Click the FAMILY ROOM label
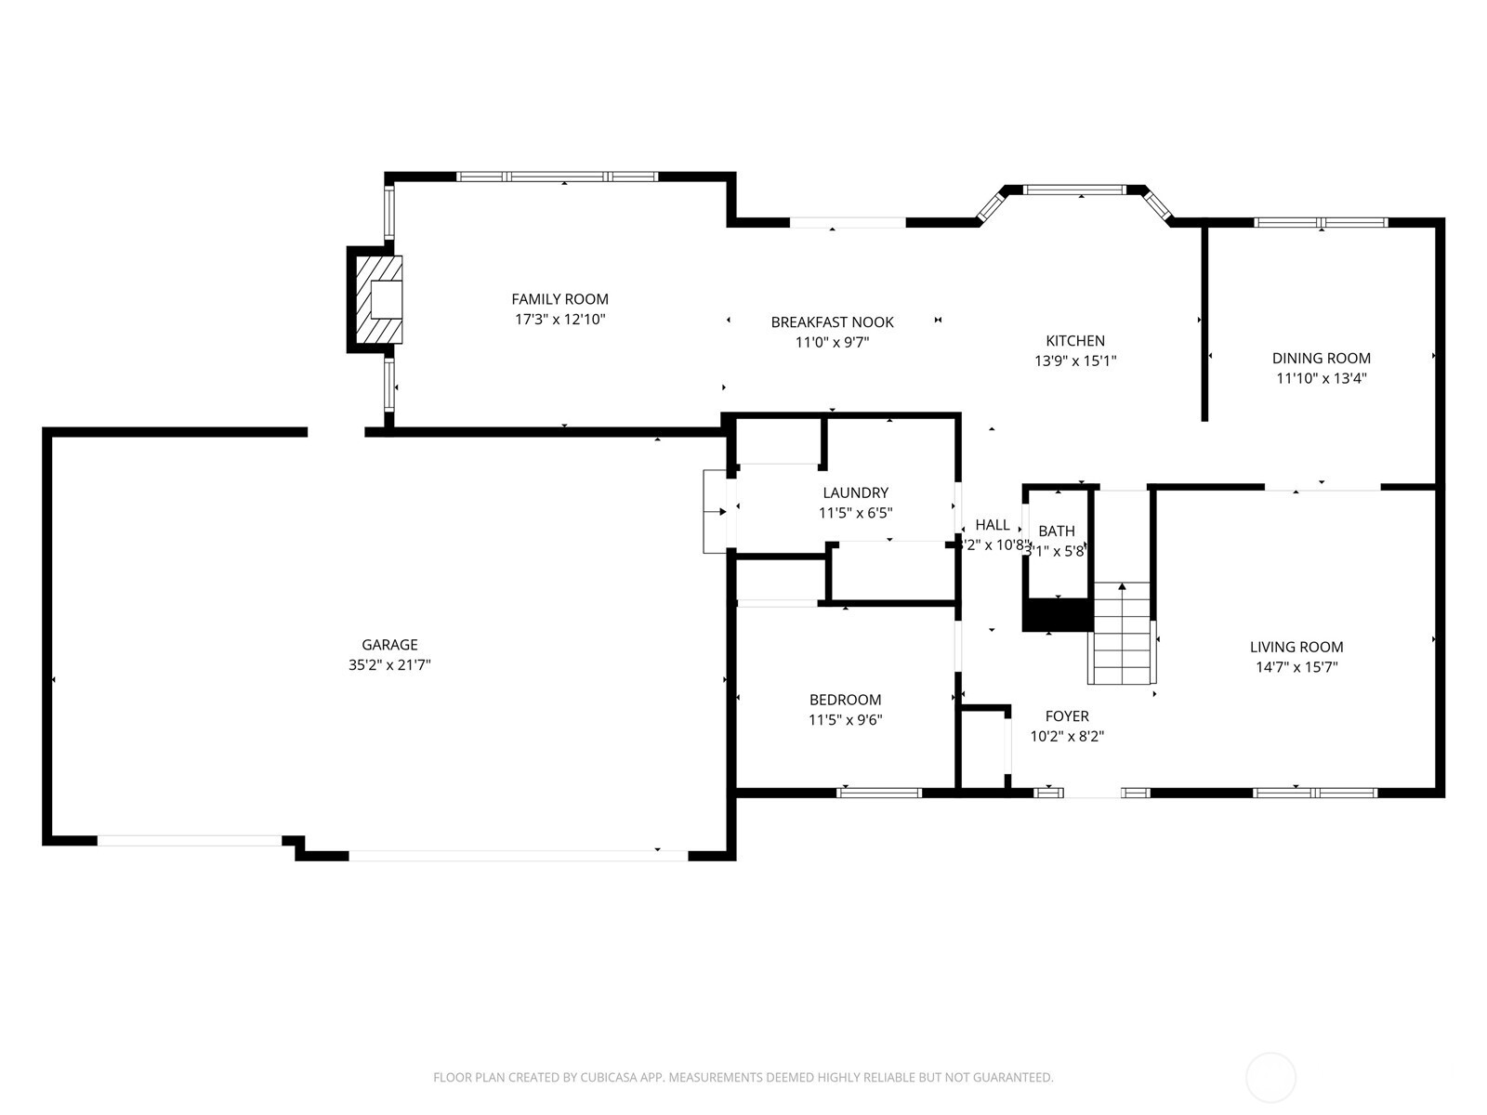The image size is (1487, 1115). tap(559, 299)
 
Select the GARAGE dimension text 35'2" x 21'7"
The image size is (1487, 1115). tap(389, 665)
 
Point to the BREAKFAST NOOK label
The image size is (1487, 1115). tap(832, 322)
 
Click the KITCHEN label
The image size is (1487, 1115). tap(1075, 341)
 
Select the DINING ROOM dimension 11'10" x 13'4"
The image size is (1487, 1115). tap(1321, 378)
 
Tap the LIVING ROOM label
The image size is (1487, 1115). tap(1296, 647)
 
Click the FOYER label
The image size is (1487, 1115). tap(1067, 716)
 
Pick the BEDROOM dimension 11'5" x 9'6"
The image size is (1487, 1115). tap(845, 720)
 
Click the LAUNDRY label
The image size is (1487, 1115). tap(855, 492)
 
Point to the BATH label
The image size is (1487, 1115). tap(1057, 531)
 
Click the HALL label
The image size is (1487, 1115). tap(993, 525)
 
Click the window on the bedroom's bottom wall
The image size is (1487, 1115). tap(879, 793)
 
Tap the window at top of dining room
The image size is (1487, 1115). tap(1321, 222)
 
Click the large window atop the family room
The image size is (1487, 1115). tap(558, 177)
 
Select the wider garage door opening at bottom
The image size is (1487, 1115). tap(519, 855)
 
